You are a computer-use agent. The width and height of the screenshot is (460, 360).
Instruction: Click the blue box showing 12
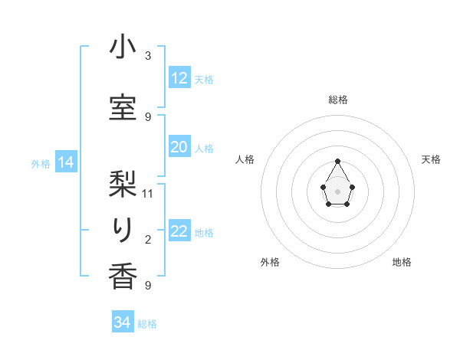tap(179, 78)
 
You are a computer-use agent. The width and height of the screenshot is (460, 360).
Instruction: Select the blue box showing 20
tap(179, 147)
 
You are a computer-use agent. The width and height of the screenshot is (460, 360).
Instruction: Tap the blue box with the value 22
tap(179, 231)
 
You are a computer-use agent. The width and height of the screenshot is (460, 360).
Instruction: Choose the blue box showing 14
tap(66, 162)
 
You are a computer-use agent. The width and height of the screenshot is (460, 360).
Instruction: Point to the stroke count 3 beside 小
tap(148, 56)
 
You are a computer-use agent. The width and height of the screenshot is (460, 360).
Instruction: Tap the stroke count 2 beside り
tap(148, 241)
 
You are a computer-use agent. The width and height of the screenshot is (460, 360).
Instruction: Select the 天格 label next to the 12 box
tap(204, 80)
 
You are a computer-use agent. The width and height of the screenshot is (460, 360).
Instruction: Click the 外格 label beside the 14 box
tap(41, 164)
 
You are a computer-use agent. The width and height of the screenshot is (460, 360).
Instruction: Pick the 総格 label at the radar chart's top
tap(338, 100)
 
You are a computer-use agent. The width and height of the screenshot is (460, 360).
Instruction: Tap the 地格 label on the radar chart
tap(402, 262)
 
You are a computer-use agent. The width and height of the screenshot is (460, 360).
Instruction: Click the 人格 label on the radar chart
tap(245, 159)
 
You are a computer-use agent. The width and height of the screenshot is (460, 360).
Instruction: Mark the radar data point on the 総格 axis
tap(338, 160)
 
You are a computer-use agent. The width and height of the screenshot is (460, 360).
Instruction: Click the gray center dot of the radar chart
tap(338, 190)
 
